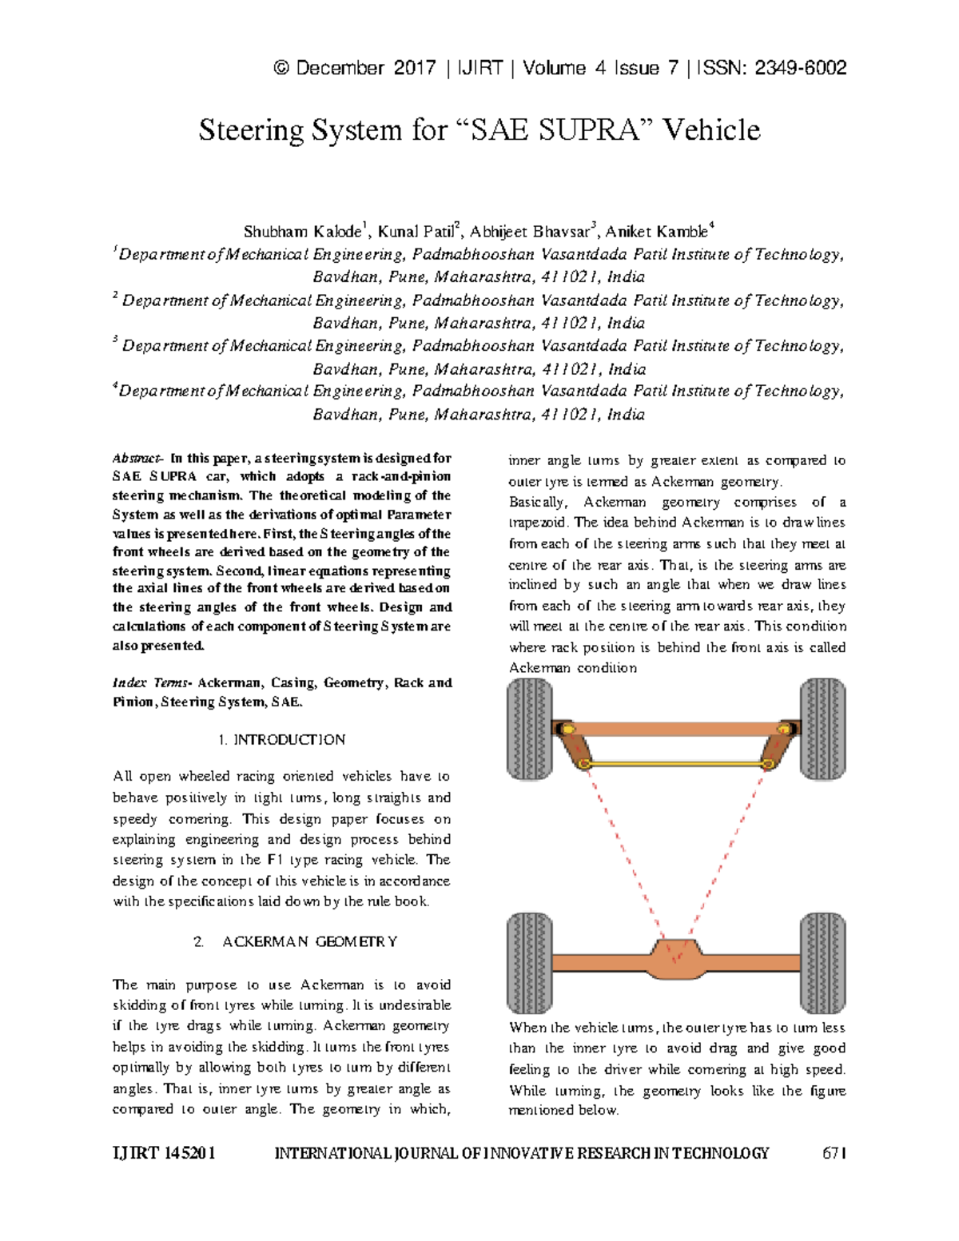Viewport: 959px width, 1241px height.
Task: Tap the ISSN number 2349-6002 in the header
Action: click(800, 68)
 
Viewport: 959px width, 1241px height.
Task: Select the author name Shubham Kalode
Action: click(303, 233)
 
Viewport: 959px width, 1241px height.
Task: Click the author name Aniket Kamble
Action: click(657, 233)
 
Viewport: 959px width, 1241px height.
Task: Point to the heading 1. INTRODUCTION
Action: click(281, 740)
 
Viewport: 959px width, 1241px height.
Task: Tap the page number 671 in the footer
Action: click(834, 1153)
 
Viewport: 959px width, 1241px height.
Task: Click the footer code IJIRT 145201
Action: click(164, 1153)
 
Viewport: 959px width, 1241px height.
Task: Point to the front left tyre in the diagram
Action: click(530, 729)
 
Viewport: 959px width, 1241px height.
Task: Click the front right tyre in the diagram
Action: click(822, 729)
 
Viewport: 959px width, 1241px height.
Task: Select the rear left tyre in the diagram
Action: click(530, 963)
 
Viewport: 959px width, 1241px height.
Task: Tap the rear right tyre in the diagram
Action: click(822, 963)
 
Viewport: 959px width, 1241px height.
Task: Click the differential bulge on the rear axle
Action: click(676, 959)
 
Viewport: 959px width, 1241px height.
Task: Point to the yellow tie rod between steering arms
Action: click(676, 765)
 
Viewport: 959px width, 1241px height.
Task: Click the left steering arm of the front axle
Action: click(577, 747)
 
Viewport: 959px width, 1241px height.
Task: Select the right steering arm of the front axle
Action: click(774, 747)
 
